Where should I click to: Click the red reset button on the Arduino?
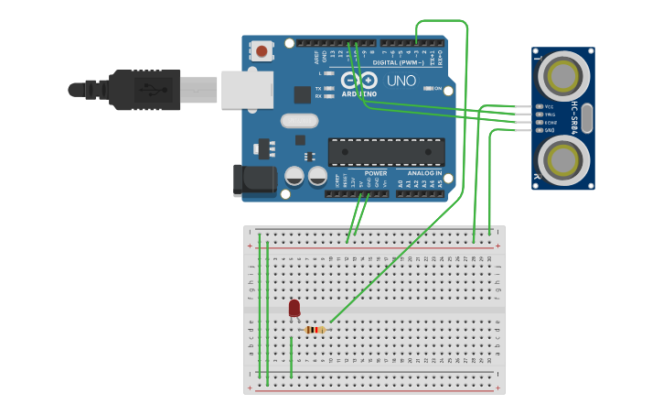(x=262, y=51)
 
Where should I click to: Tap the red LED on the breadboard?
(x=294, y=309)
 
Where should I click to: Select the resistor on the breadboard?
(x=315, y=330)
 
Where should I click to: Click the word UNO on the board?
(x=401, y=82)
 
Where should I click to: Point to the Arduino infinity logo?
(x=358, y=80)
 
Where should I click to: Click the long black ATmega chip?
(x=386, y=151)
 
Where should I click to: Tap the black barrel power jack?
(x=254, y=180)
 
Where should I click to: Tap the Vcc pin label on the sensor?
(x=549, y=106)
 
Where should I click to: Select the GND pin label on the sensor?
(x=549, y=130)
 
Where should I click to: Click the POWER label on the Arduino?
(x=376, y=173)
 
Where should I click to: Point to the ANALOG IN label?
(x=424, y=173)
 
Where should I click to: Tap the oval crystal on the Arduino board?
(x=299, y=120)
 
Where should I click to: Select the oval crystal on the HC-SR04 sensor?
(x=586, y=118)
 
